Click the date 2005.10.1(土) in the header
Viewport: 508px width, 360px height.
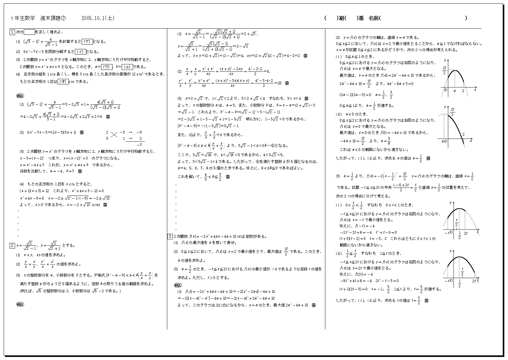(x=98, y=18)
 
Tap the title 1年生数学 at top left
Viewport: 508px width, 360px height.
(x=23, y=18)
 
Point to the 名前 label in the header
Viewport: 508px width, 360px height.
(x=373, y=18)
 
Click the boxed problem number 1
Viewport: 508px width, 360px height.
(x=12, y=32)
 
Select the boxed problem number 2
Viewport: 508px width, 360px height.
(x=12, y=245)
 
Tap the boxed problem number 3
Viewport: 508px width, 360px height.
(x=170, y=237)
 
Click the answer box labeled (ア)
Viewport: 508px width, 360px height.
(x=87, y=42)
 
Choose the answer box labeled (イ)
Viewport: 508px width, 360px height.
(x=81, y=52)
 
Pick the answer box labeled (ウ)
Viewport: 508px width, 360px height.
(x=107, y=67)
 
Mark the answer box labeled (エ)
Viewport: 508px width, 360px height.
(x=128, y=67)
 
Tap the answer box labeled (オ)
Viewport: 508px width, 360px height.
(x=63, y=82)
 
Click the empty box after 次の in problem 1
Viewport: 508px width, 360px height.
(x=29, y=32)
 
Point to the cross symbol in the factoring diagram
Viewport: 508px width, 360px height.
(x=115, y=135)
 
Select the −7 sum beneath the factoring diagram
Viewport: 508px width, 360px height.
(x=140, y=145)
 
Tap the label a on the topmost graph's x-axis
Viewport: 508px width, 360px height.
(x=455, y=91)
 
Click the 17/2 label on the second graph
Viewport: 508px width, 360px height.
(x=452, y=112)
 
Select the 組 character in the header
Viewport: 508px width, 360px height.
(x=341, y=18)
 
